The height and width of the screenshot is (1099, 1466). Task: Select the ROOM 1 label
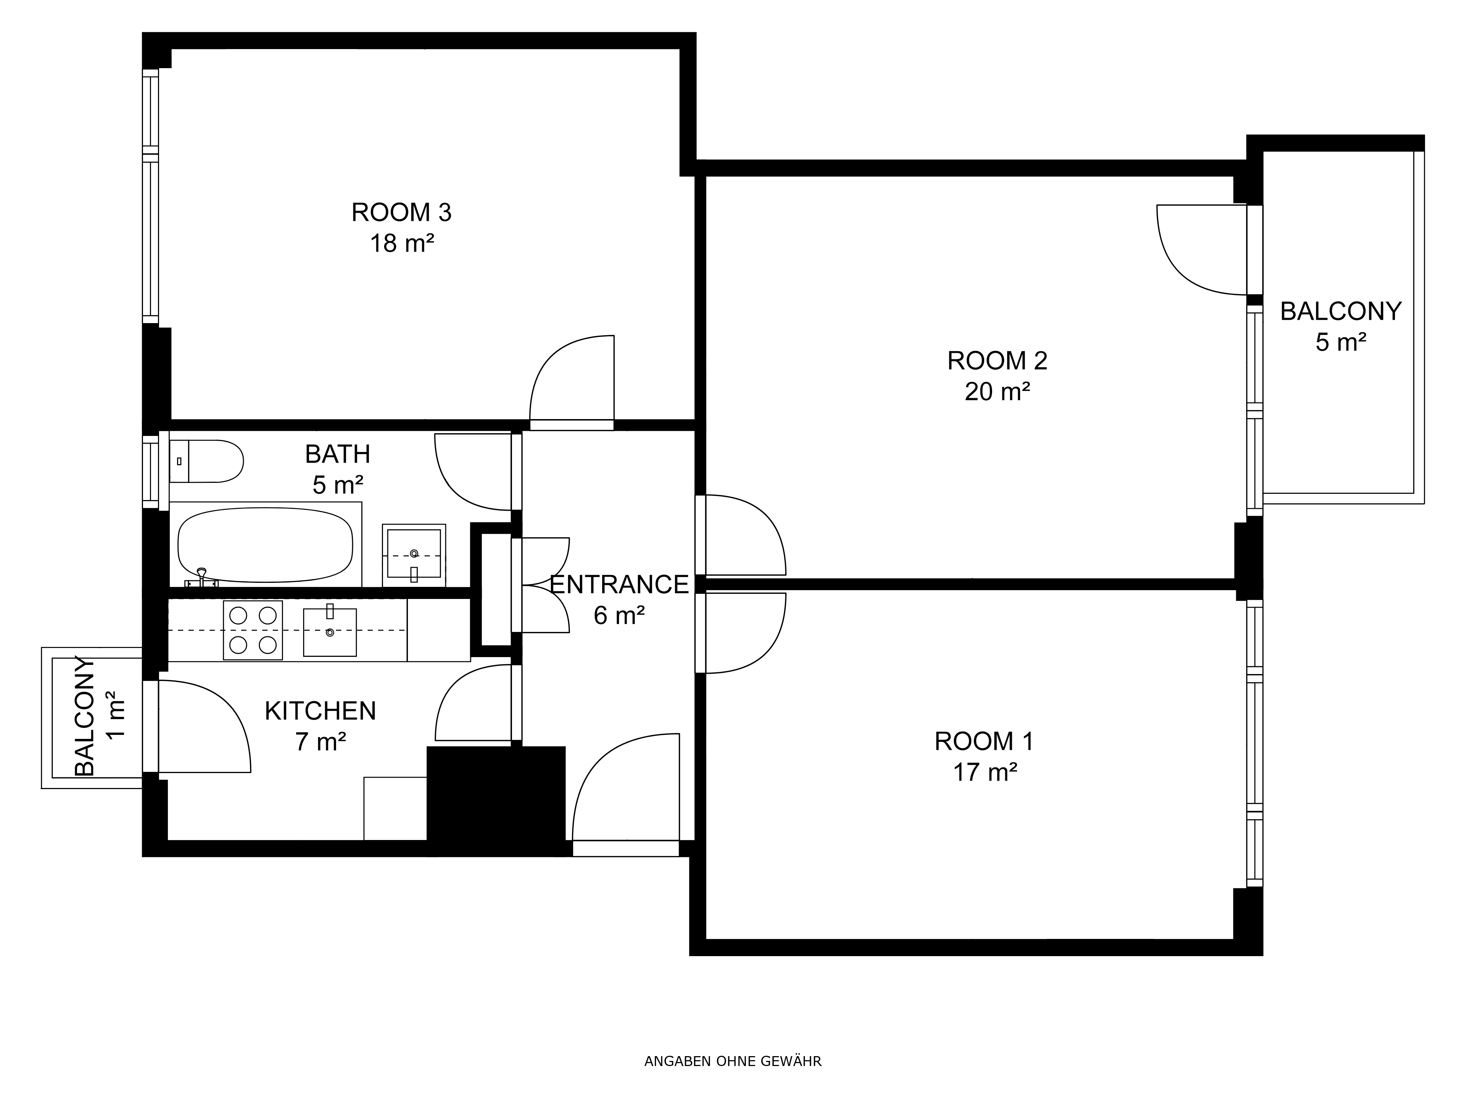984,741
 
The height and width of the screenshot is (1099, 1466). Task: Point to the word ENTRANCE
620,584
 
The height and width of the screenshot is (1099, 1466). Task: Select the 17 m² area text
985,772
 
